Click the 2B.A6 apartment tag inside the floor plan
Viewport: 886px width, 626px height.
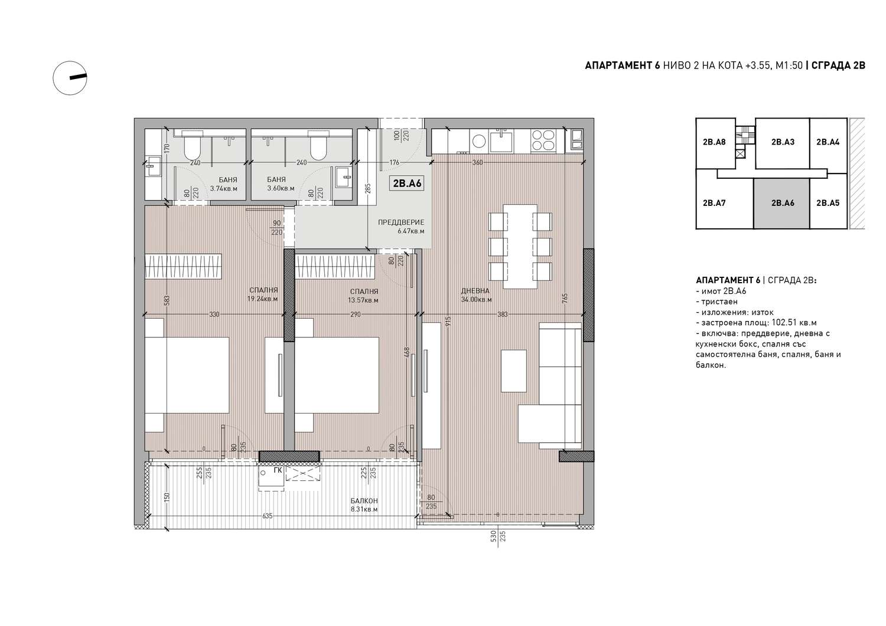406,183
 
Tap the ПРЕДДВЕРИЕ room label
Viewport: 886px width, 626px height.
400,222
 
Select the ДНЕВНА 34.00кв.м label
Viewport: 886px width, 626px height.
476,295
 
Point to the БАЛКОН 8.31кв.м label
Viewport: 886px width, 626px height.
363,505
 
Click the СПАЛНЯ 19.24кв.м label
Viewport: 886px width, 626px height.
263,294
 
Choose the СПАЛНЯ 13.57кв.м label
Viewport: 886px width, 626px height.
363,296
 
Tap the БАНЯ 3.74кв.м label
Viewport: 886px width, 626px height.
223,184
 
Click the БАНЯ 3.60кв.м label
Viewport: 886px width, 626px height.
281,184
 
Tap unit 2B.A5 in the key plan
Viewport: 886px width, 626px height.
828,203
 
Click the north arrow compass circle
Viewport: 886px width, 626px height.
70,78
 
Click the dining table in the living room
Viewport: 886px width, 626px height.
520,247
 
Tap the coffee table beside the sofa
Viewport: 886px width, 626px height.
514,371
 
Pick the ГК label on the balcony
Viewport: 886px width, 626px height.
278,470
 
